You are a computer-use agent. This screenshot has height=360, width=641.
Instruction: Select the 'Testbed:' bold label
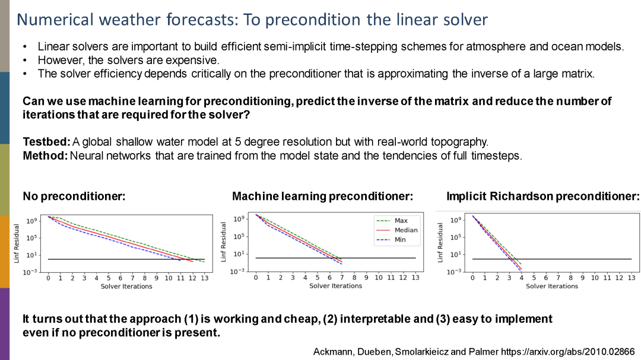46,142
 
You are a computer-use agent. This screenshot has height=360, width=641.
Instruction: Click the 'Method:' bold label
45,157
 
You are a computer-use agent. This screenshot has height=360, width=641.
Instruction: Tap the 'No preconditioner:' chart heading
74,196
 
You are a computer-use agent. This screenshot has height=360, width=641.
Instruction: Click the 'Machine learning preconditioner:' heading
322,196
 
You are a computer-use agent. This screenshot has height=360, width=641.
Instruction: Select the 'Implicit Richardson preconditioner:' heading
542,196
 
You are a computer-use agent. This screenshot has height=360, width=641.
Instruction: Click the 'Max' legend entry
401,221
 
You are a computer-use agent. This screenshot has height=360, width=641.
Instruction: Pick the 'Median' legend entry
405,230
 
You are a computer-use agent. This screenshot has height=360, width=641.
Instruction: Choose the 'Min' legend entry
400,240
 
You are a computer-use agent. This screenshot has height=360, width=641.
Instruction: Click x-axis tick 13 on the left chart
205,278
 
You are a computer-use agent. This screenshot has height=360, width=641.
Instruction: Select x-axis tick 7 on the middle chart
342,278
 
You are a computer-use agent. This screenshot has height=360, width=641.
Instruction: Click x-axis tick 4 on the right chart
521,278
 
